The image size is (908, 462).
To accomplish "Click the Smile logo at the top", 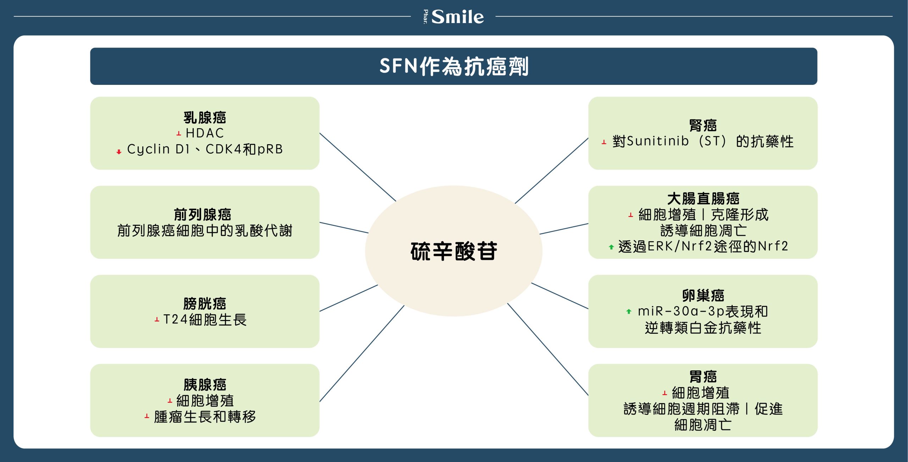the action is tap(454, 17).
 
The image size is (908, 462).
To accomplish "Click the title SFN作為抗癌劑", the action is tap(454, 66).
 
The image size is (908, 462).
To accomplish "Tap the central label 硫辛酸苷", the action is tap(454, 251).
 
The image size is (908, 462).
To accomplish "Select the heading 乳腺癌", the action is tap(205, 118).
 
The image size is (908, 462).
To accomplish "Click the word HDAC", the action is tap(205, 133).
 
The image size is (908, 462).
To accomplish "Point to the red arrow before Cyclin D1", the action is tap(119, 152).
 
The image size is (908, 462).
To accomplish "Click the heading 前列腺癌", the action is tap(203, 214).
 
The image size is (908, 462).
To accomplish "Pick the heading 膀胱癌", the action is tap(205, 304).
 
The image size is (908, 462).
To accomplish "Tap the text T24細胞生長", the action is tap(205, 320).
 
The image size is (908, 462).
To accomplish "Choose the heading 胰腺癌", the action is tap(205, 385).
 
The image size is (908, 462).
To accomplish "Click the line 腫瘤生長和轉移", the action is tap(205, 417).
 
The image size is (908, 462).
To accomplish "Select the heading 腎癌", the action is tap(703, 125).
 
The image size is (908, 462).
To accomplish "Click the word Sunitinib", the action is tap(658, 141).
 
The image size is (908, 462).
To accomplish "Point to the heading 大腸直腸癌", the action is tap(703, 199).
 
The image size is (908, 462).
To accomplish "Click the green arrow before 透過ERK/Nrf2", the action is tap(611, 247).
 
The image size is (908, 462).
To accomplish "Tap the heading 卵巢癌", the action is tap(703, 295).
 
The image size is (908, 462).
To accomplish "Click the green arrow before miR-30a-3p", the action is tap(629, 311).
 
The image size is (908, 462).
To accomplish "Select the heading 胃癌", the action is tap(703, 376).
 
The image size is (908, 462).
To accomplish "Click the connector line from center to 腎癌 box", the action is tap(552, 170).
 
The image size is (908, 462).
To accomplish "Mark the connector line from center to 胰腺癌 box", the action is tap(362, 354).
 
